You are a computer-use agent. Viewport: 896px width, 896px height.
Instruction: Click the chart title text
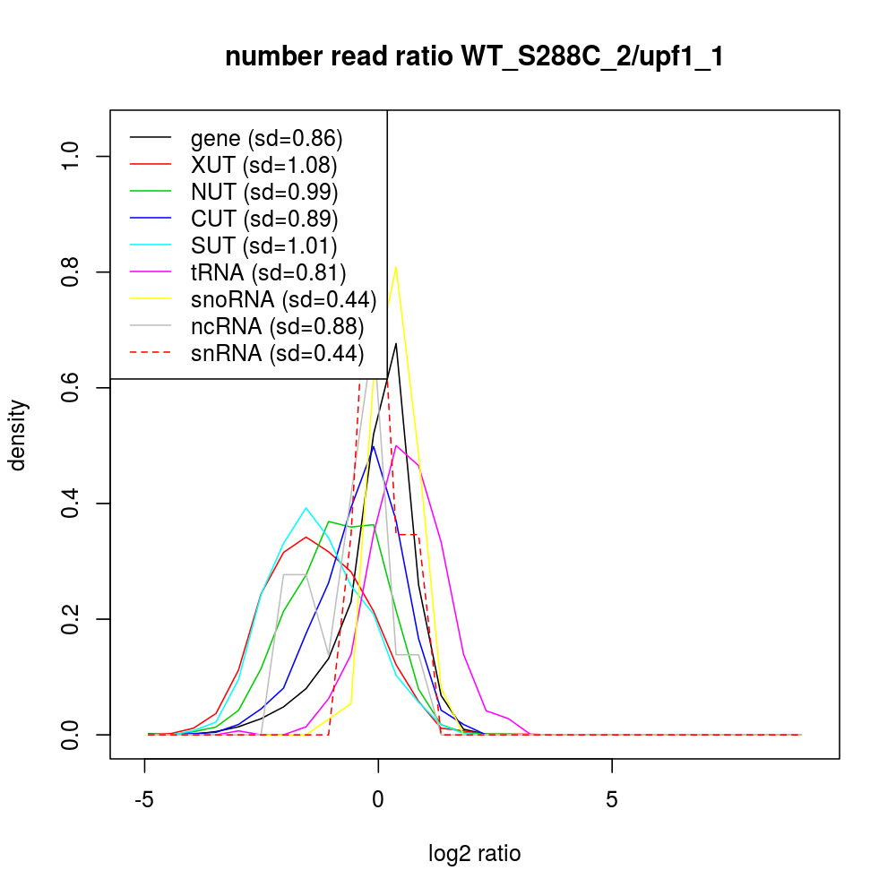click(x=474, y=57)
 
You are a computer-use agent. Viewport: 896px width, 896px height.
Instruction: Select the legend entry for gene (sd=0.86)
click(x=266, y=138)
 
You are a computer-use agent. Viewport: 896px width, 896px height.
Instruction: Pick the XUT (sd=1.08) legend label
click(x=263, y=165)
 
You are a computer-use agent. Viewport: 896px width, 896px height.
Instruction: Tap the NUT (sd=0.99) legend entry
click(x=263, y=192)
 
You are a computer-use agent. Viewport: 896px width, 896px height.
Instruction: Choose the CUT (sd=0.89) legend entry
click(x=263, y=219)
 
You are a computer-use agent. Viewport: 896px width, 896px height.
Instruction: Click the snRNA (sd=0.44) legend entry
click(x=277, y=354)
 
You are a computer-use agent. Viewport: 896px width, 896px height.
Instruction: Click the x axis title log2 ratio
click(x=474, y=854)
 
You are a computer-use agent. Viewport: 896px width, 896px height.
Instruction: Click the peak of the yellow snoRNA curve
click(x=396, y=266)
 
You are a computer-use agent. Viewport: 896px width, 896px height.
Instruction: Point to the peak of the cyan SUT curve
click(x=306, y=508)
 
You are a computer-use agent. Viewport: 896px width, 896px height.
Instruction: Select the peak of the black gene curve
click(x=396, y=343)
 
